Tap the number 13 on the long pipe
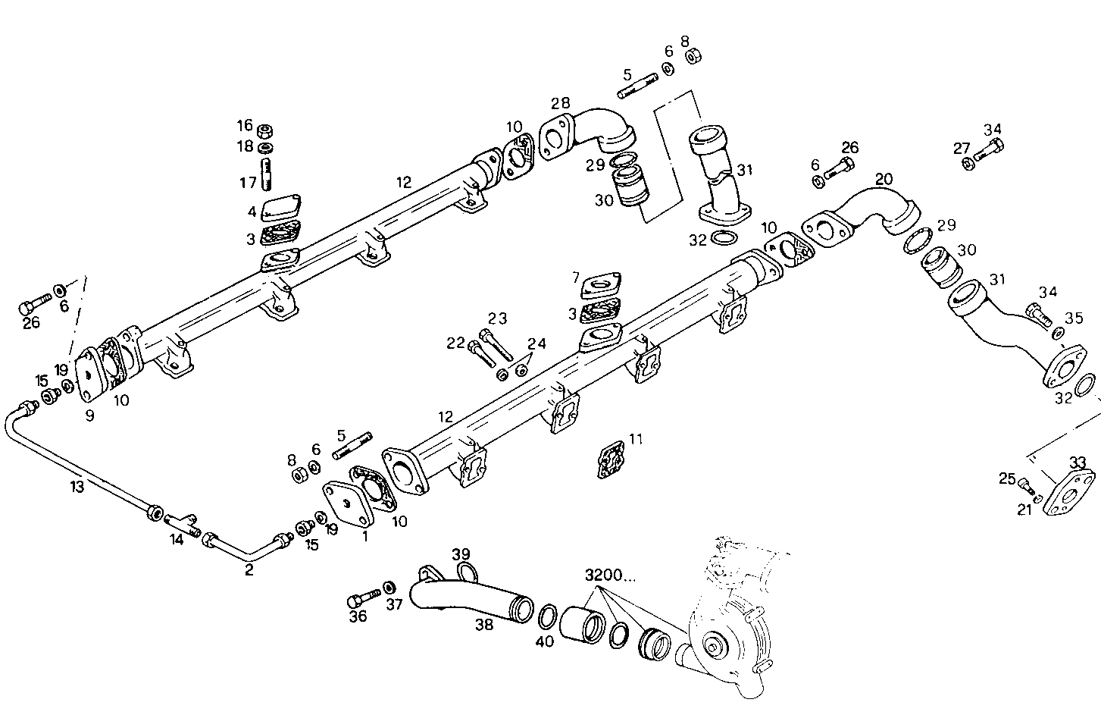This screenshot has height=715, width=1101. [77, 486]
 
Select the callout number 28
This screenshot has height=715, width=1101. [560, 103]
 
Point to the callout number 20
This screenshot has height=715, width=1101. [884, 179]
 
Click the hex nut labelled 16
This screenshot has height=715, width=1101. [265, 130]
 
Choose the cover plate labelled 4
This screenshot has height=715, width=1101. [282, 209]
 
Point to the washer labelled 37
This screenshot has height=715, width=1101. [389, 588]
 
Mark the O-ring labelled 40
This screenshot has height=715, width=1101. [546, 616]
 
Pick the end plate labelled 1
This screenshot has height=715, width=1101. [346, 501]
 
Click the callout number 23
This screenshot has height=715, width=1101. [497, 318]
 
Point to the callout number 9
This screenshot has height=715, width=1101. [89, 416]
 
